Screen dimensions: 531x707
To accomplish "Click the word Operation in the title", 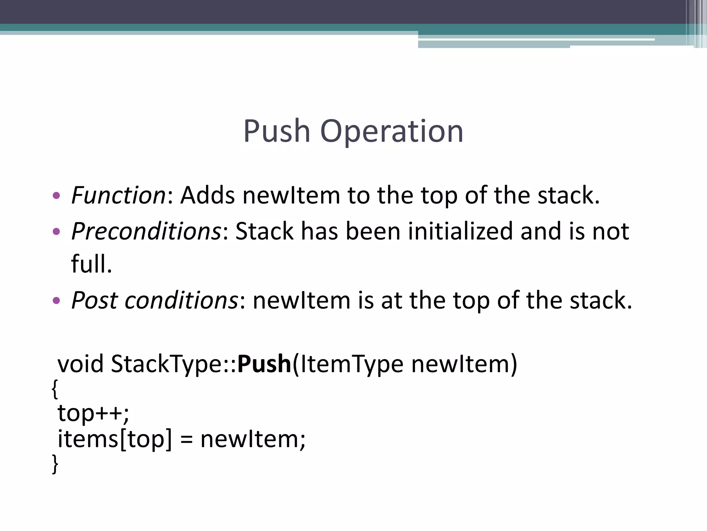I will pyautogui.click(x=391, y=132).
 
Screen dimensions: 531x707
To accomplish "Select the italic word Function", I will pyautogui.click(x=118, y=195).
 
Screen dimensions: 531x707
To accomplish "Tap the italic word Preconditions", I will pyautogui.click(x=146, y=231).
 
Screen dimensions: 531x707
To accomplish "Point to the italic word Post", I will pyautogui.click(x=94, y=300).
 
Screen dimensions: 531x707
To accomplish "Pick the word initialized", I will pyautogui.click(x=460, y=231).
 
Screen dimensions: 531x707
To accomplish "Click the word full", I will pyautogui.click(x=91, y=264).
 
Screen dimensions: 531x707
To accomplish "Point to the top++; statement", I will pyautogui.click(x=93, y=413).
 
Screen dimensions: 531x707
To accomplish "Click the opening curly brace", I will pyautogui.click(x=55, y=389).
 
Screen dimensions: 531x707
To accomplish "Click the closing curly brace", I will pyautogui.click(x=55, y=464).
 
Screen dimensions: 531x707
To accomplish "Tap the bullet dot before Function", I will pyautogui.click(x=56, y=196).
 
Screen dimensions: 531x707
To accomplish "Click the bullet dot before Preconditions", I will pyautogui.click(x=56, y=231).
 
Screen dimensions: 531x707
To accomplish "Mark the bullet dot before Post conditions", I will pyautogui.click(x=56, y=300).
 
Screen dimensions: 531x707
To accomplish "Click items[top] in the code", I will pyautogui.click(x=114, y=439).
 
